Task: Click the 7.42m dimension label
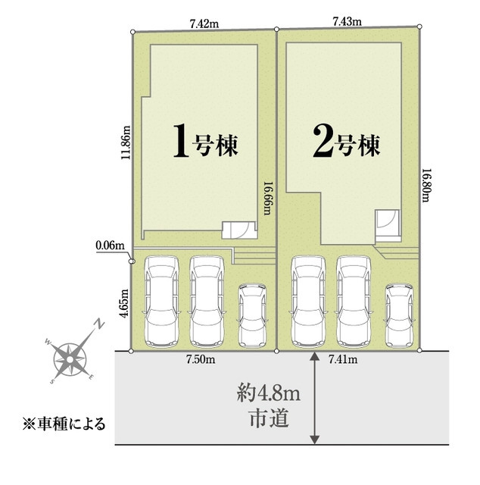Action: [x=204, y=23]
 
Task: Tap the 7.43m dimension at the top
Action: [x=347, y=21]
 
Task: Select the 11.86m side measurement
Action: [x=126, y=142]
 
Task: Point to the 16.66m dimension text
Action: [x=267, y=199]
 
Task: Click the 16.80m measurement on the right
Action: [x=427, y=185]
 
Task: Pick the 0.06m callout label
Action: [x=111, y=246]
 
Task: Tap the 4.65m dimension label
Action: [x=124, y=303]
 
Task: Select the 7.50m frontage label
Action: [x=201, y=359]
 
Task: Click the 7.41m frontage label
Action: [x=343, y=359]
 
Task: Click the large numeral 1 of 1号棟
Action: [x=181, y=141]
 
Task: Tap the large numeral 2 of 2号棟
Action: [x=323, y=142]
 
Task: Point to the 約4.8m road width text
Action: [x=268, y=395]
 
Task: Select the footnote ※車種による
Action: [x=64, y=424]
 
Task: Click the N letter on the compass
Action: [x=99, y=324]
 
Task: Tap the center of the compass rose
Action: [x=70, y=359]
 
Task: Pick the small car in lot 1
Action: [x=253, y=315]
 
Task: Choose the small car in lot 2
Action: [x=399, y=315]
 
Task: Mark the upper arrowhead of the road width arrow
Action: [x=314, y=355]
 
